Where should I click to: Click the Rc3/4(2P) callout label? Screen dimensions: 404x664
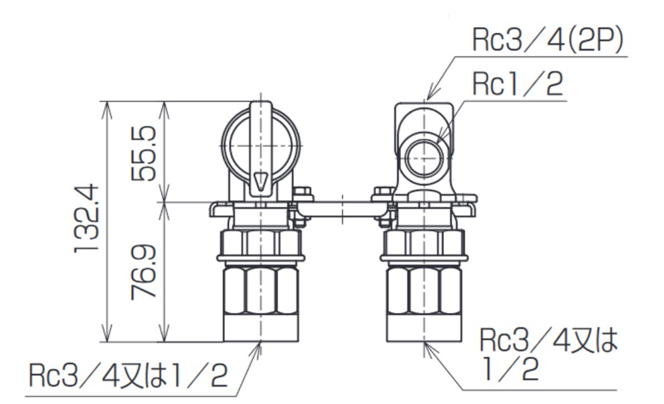pos(548,42)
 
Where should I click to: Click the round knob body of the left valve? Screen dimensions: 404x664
pos(261,144)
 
